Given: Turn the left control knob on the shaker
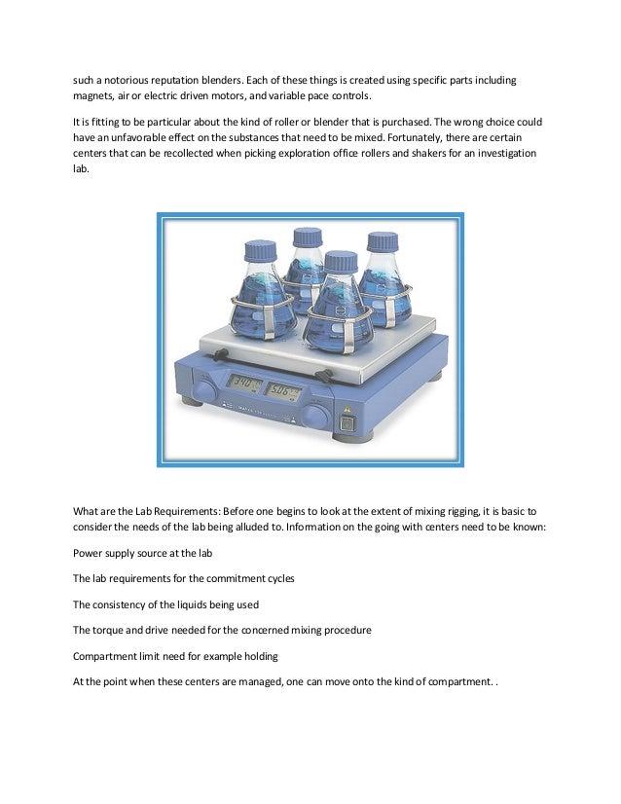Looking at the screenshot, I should (x=203, y=391).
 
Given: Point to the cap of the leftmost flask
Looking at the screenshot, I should (x=261, y=250).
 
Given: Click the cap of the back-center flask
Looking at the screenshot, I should (x=309, y=237).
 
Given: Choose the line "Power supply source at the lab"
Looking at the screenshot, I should (x=142, y=553).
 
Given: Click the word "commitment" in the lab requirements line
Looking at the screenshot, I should (x=230, y=578).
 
